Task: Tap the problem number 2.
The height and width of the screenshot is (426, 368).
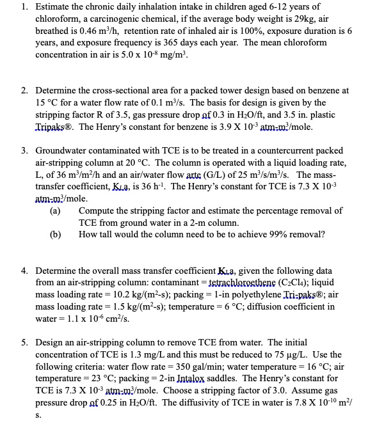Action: (x=24, y=91)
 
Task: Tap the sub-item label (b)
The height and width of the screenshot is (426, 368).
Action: (x=56, y=234)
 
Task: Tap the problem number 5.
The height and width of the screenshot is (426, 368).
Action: (x=24, y=343)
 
